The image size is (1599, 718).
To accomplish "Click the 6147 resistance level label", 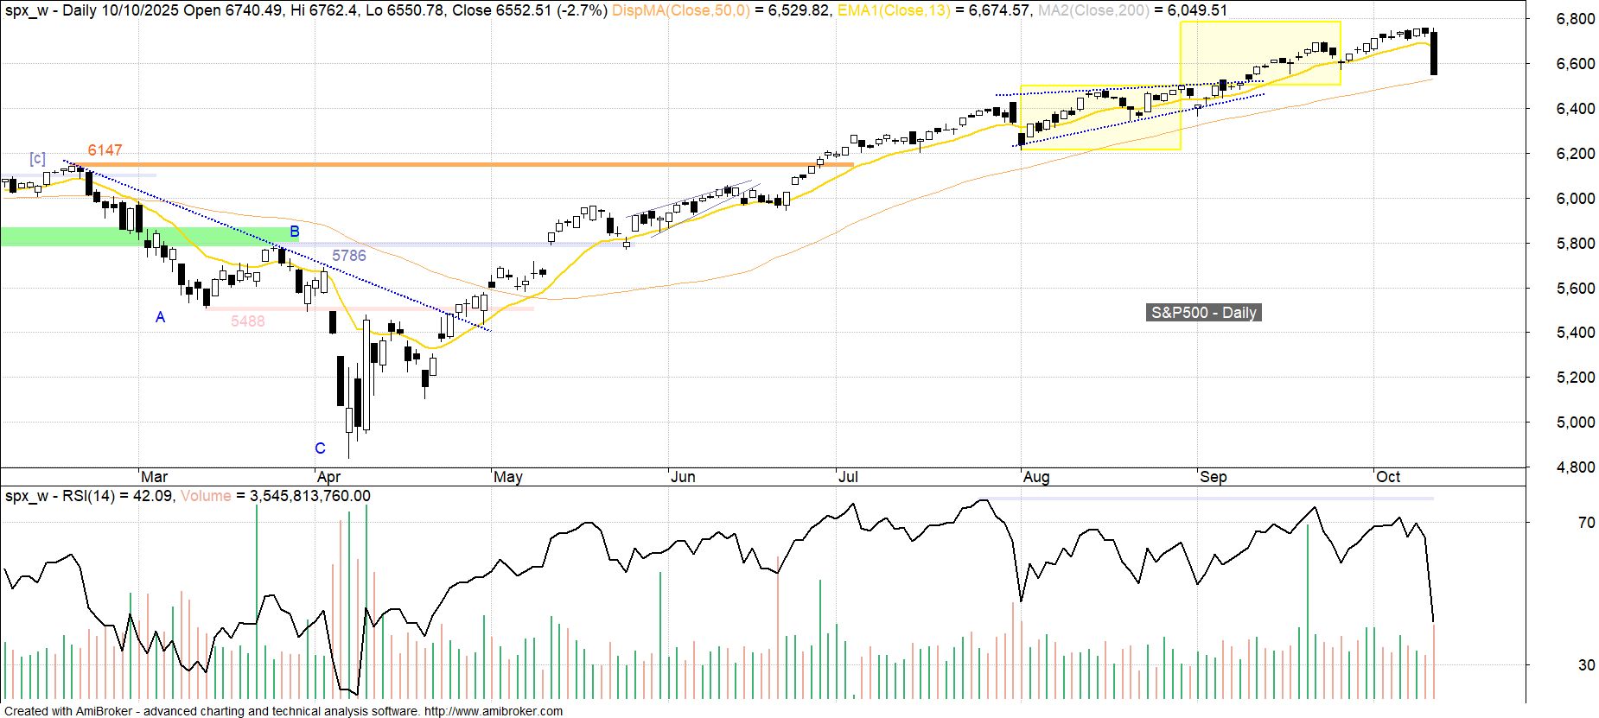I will click(105, 150).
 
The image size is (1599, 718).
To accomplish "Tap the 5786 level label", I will click(349, 256).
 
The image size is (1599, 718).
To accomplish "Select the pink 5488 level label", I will click(248, 321).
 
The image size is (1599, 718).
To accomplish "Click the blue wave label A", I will click(160, 318).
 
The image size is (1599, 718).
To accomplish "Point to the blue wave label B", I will click(295, 232).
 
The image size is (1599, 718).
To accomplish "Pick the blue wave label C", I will click(320, 448).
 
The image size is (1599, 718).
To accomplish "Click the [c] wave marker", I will click(37, 159).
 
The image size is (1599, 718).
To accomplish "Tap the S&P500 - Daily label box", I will click(1204, 313).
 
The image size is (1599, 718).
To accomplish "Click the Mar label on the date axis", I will click(154, 477).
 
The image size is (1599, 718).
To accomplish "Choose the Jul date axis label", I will click(848, 477).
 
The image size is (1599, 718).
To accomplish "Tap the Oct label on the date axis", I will click(1388, 477).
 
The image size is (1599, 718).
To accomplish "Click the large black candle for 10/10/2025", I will click(1434, 54).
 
